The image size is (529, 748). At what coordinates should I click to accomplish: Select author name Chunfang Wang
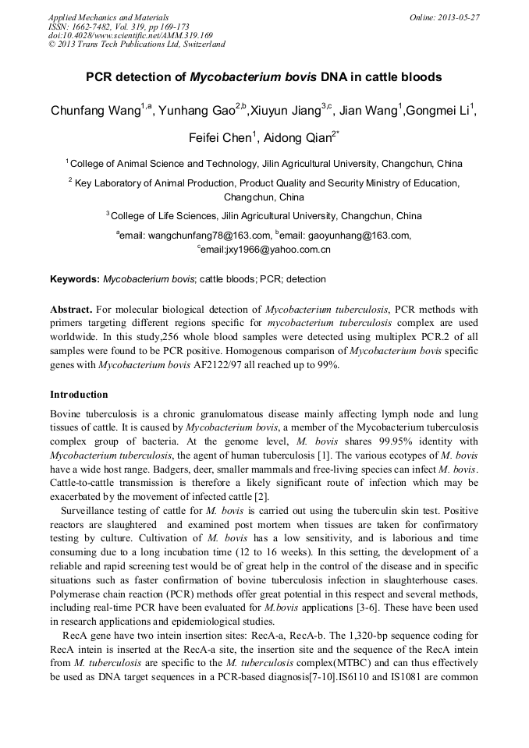tap(95, 111)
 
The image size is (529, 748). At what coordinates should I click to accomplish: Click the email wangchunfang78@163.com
tap(208, 235)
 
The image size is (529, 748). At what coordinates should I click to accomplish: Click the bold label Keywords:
tap(75, 279)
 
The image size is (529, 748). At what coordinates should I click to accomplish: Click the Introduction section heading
tap(79, 395)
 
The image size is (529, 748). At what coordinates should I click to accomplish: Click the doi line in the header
tap(130, 35)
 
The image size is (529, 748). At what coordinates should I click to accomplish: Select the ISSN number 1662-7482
tap(91, 26)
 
